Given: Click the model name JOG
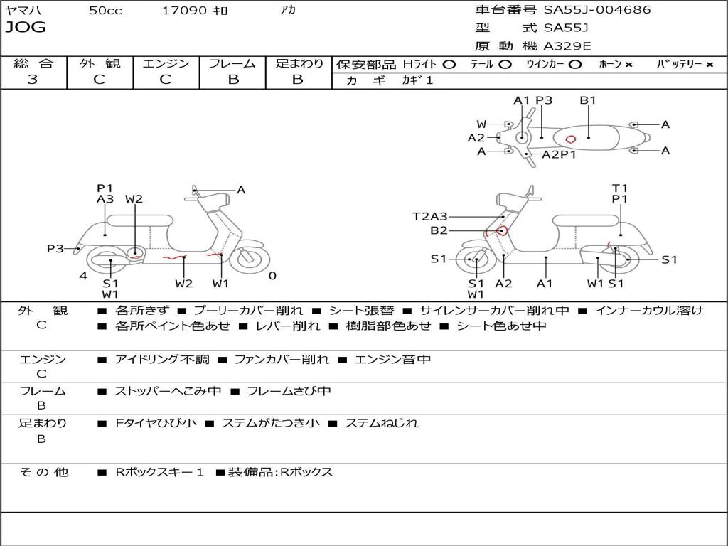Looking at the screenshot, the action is pyautogui.click(x=26, y=28).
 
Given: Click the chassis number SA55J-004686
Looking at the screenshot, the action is pyautogui.click(x=597, y=9).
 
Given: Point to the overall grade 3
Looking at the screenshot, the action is pyautogui.click(x=33, y=80).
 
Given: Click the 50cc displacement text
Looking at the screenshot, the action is pyautogui.click(x=105, y=10).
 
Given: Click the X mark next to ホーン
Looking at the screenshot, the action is pyautogui.click(x=628, y=65).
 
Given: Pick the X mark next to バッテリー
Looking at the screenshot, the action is pyautogui.click(x=710, y=65).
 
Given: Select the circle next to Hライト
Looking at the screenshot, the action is pyautogui.click(x=449, y=65).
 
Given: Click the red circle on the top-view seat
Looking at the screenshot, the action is pyautogui.click(x=571, y=139).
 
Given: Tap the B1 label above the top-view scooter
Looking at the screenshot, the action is pyautogui.click(x=588, y=100).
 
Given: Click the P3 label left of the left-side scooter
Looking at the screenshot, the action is pyautogui.click(x=55, y=248).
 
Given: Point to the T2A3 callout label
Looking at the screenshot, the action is pyautogui.click(x=430, y=216).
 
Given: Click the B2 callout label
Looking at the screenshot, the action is pyautogui.click(x=439, y=230).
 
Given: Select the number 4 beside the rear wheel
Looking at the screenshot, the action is pyautogui.click(x=83, y=276).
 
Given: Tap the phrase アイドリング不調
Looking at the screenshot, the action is pyautogui.click(x=162, y=360).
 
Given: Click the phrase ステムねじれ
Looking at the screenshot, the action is pyautogui.click(x=382, y=423).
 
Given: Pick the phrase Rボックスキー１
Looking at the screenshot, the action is pyautogui.click(x=159, y=472).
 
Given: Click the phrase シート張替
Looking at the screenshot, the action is pyautogui.click(x=361, y=311).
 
